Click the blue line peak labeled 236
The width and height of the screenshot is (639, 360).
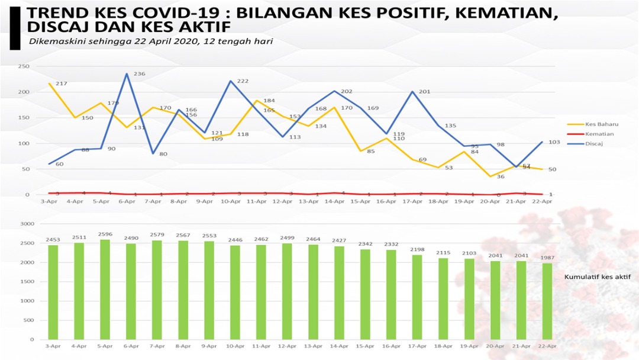(127, 74)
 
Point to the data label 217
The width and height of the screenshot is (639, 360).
(61, 84)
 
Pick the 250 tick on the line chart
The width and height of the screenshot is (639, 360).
(24, 66)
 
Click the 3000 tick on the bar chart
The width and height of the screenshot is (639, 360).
(27, 224)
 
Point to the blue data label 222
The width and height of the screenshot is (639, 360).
(242, 81)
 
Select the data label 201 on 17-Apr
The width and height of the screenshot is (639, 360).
(424, 92)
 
